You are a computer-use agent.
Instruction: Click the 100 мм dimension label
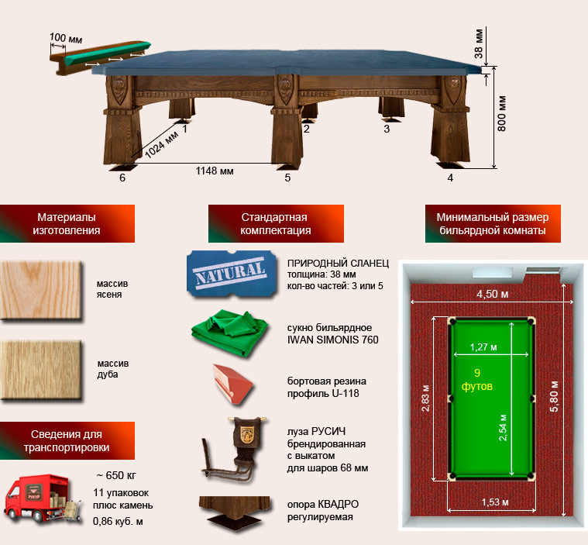tap(66, 38)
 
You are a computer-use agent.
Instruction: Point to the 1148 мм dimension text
tap(215, 171)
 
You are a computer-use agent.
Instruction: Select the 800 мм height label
tap(501, 114)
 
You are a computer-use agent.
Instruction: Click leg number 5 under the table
tap(287, 178)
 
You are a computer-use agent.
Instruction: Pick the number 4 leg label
tap(450, 178)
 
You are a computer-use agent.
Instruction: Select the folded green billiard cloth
tap(230, 333)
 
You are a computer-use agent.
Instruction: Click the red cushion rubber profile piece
tap(232, 384)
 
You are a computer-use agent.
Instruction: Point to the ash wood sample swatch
tap(41, 291)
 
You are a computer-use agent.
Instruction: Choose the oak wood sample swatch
tap(41, 370)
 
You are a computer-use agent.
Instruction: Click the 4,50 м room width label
tap(492, 294)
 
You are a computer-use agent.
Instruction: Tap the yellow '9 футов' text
tap(477, 379)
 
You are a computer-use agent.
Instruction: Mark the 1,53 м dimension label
tap(495, 502)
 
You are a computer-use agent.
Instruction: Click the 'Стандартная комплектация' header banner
tap(276, 223)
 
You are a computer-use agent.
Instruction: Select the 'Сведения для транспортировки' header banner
tap(67, 440)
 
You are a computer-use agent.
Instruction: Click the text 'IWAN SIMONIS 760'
tap(332, 340)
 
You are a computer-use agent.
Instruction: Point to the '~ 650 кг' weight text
tap(116, 475)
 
